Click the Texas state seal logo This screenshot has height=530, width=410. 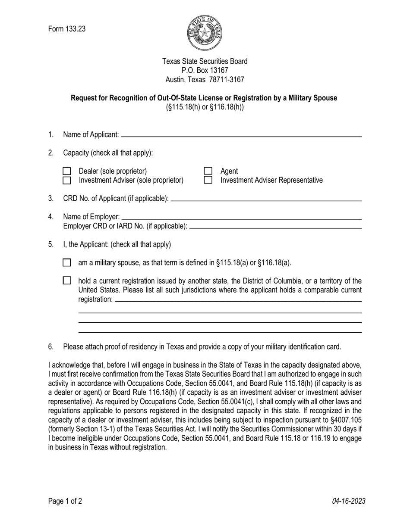point(205,33)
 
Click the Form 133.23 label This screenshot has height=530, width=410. point(67,29)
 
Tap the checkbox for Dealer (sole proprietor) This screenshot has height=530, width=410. point(67,171)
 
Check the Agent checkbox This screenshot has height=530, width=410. point(208,171)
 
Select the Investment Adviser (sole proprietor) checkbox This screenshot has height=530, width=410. point(67,180)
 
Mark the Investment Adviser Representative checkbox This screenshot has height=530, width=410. point(208,180)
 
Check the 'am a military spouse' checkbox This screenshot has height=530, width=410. point(67,262)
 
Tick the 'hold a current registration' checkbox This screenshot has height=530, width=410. point(67,281)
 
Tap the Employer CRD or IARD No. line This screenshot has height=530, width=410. point(275,227)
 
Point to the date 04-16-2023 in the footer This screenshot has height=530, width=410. point(349,501)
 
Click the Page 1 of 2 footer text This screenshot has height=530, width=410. point(65,501)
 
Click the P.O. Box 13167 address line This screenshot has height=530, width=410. point(205,70)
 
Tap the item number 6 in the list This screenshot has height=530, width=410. point(51,347)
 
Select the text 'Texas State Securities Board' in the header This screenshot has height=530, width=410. point(205,61)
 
